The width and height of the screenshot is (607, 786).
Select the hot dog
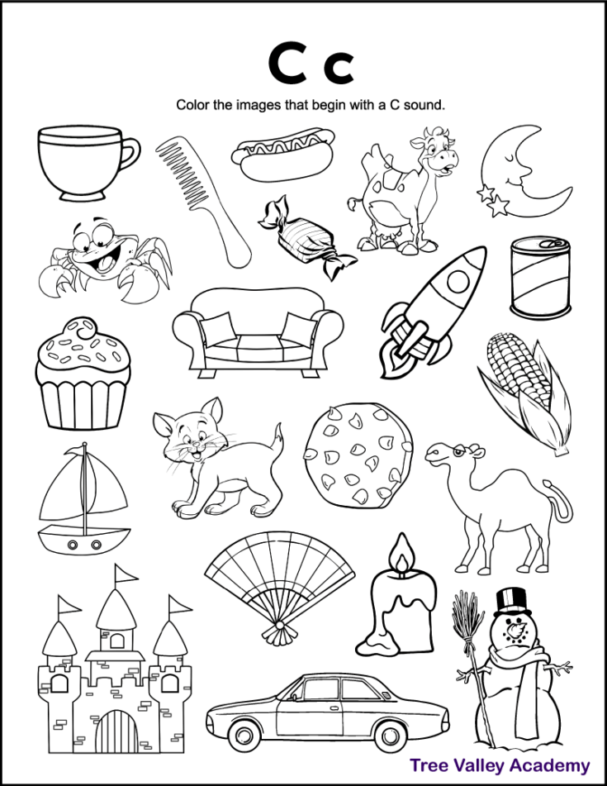click(x=277, y=154)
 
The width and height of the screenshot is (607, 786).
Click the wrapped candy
click(x=306, y=236)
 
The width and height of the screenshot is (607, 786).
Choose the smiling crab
click(x=103, y=260)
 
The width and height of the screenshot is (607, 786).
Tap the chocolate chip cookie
click(x=357, y=458)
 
